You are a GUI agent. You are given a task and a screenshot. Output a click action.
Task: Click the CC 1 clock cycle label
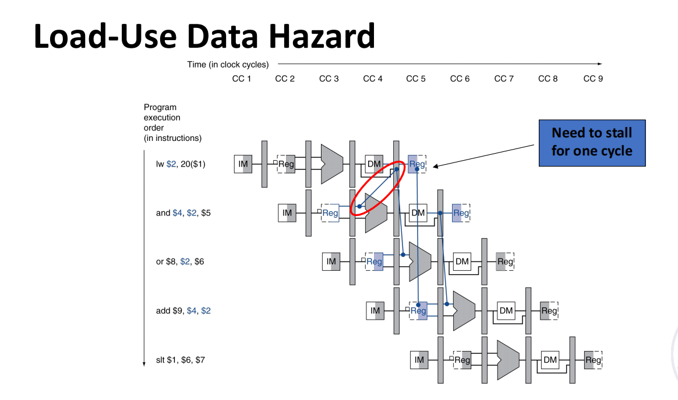click(241, 79)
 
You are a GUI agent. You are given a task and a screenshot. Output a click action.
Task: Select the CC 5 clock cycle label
click(416, 79)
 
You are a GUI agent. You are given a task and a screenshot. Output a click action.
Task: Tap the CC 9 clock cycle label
click(593, 79)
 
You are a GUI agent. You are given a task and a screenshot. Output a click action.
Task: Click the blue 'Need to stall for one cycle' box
click(591, 141)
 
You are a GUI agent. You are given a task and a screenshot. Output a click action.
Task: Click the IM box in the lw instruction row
click(243, 164)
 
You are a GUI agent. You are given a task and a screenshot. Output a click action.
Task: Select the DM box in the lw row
click(374, 164)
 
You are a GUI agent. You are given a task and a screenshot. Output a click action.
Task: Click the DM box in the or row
click(462, 261)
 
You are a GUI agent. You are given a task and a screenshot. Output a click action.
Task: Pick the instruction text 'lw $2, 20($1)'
click(181, 164)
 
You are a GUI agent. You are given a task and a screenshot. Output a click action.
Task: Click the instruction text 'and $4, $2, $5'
click(183, 213)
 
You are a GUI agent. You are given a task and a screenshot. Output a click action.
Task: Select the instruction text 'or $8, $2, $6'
click(180, 261)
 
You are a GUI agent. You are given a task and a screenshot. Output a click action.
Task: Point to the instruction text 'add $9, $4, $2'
click(183, 311)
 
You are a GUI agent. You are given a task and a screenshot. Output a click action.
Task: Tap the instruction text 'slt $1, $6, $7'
click(180, 360)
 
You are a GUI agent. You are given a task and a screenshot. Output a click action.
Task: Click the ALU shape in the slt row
click(506, 359)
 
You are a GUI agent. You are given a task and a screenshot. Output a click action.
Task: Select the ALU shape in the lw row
click(331, 164)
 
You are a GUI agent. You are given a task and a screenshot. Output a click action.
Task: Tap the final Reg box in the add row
click(549, 311)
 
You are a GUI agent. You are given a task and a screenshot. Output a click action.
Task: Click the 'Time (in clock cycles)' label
click(228, 65)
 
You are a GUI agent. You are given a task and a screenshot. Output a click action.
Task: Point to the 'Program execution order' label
click(172, 122)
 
